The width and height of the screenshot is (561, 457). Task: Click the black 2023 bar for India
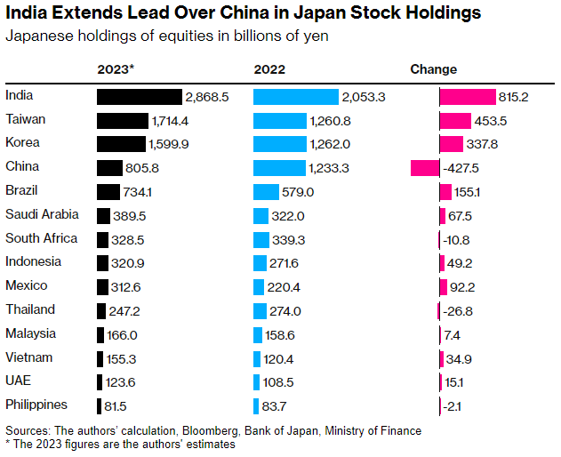pyautogui.click(x=139, y=97)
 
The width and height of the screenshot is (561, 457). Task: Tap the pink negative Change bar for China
pyautogui.click(x=425, y=168)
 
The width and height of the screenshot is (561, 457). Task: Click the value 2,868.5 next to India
pyautogui.click(x=207, y=97)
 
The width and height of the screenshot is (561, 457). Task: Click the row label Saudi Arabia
pyautogui.click(x=42, y=214)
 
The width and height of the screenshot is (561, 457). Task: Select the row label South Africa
pyautogui.click(x=41, y=238)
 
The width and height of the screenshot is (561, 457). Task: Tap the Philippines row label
pyautogui.click(x=36, y=405)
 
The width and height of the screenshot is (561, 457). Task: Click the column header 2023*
pyautogui.click(x=116, y=69)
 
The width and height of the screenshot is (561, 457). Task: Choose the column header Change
pyautogui.click(x=433, y=69)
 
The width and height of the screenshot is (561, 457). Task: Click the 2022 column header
pyautogui.click(x=269, y=69)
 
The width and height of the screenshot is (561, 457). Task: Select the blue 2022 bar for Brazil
pyautogui.click(x=265, y=192)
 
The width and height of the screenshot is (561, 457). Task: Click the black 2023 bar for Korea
pyautogui.click(x=120, y=144)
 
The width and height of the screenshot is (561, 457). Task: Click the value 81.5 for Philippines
pyautogui.click(x=116, y=405)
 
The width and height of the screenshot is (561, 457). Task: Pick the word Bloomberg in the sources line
pyautogui.click(x=206, y=430)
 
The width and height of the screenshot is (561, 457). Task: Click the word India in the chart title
pyautogui.click(x=27, y=13)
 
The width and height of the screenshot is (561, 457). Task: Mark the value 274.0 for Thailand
pyautogui.click(x=290, y=310)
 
